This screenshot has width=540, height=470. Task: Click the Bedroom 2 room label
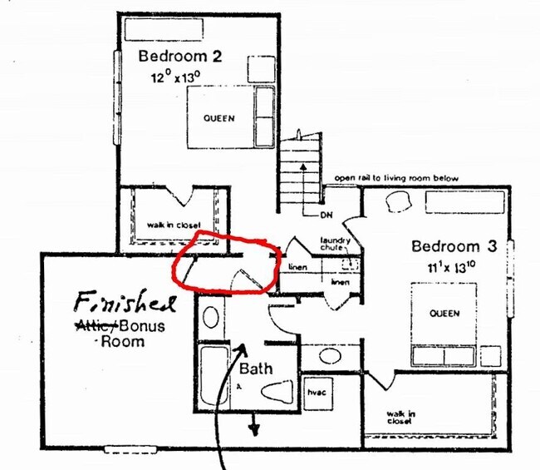click(179, 57)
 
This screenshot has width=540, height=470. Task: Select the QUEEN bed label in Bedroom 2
click(218, 118)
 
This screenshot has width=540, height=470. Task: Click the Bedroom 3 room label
click(457, 246)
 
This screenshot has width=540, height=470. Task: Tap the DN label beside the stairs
click(326, 215)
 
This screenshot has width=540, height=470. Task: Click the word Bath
click(257, 368)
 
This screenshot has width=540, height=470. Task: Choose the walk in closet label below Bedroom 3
click(400, 417)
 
